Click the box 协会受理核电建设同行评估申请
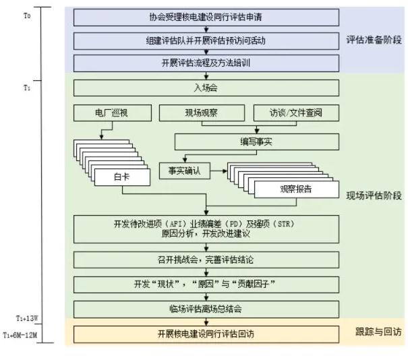[206, 17]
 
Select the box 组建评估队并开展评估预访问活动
[206, 40]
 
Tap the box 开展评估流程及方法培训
[206, 64]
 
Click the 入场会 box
[206, 88]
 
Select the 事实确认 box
[184, 171]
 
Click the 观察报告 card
[296, 189]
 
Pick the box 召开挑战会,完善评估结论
[206, 260]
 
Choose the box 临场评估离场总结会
[206, 309]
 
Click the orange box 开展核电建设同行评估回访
[206, 333]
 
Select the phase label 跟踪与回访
[378, 332]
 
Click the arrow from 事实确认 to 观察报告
[218, 171]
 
